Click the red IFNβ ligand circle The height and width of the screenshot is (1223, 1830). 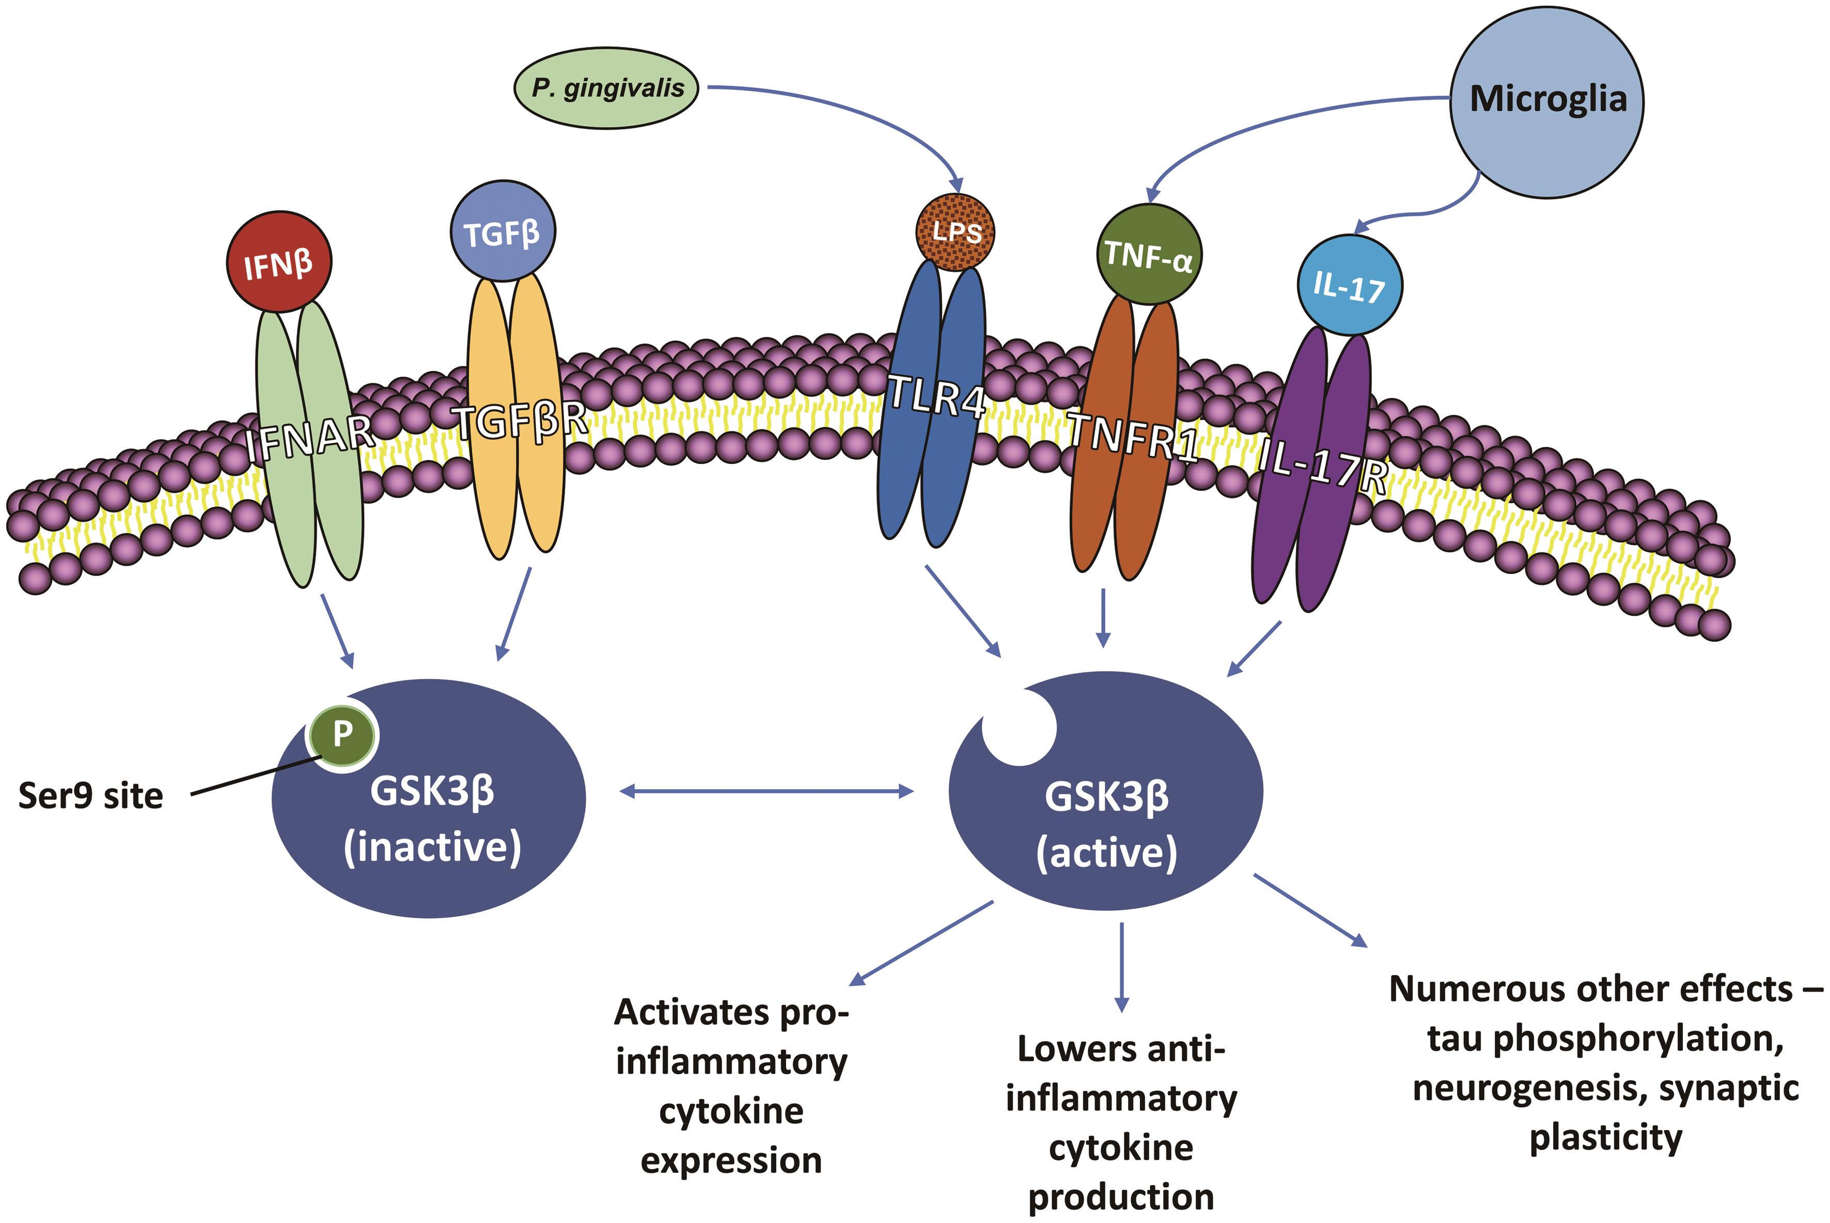[278, 263]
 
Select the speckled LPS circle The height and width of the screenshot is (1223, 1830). [955, 231]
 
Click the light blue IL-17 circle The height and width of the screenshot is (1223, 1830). [1350, 286]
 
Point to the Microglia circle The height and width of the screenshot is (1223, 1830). [1547, 101]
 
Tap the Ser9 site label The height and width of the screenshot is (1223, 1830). [90, 796]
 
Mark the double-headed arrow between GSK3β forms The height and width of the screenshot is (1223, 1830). [767, 792]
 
